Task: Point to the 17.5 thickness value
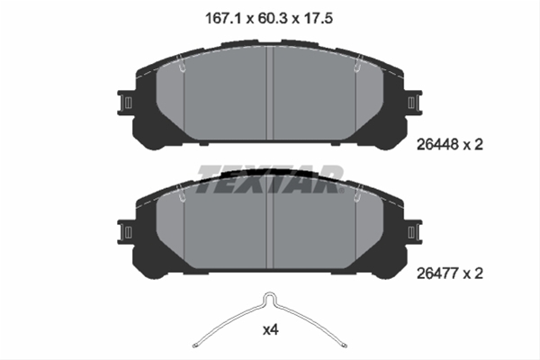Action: pyautogui.click(x=318, y=18)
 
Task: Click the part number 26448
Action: pyautogui.click(x=437, y=144)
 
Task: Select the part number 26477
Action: pyautogui.click(x=437, y=274)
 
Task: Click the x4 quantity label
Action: pyautogui.click(x=271, y=330)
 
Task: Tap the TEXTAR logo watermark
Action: pyautogui.click(x=270, y=178)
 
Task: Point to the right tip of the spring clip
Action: pyautogui.click(x=345, y=346)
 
